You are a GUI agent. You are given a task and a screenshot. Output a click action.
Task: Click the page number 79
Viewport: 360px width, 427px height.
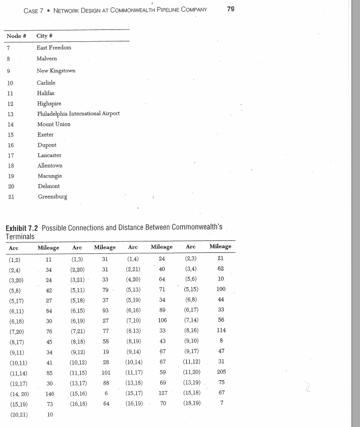231,9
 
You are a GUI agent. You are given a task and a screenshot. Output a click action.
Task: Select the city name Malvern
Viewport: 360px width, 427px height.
46,58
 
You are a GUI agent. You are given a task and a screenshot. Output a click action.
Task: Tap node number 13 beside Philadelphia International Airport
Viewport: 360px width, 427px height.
10,114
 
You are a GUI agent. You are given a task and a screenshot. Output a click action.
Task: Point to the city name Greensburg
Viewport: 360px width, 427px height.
52,197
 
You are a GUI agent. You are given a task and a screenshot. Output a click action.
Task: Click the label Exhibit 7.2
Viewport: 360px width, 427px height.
22,227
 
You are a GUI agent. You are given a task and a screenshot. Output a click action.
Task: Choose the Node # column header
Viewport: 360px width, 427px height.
16,36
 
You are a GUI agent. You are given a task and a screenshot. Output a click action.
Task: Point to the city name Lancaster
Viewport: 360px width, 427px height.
49,155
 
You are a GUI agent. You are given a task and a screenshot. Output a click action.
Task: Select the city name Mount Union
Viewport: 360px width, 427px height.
53,124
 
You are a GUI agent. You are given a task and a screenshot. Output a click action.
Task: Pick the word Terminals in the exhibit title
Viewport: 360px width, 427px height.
20,236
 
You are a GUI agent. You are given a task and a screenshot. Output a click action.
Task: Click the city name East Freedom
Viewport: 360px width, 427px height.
54,47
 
